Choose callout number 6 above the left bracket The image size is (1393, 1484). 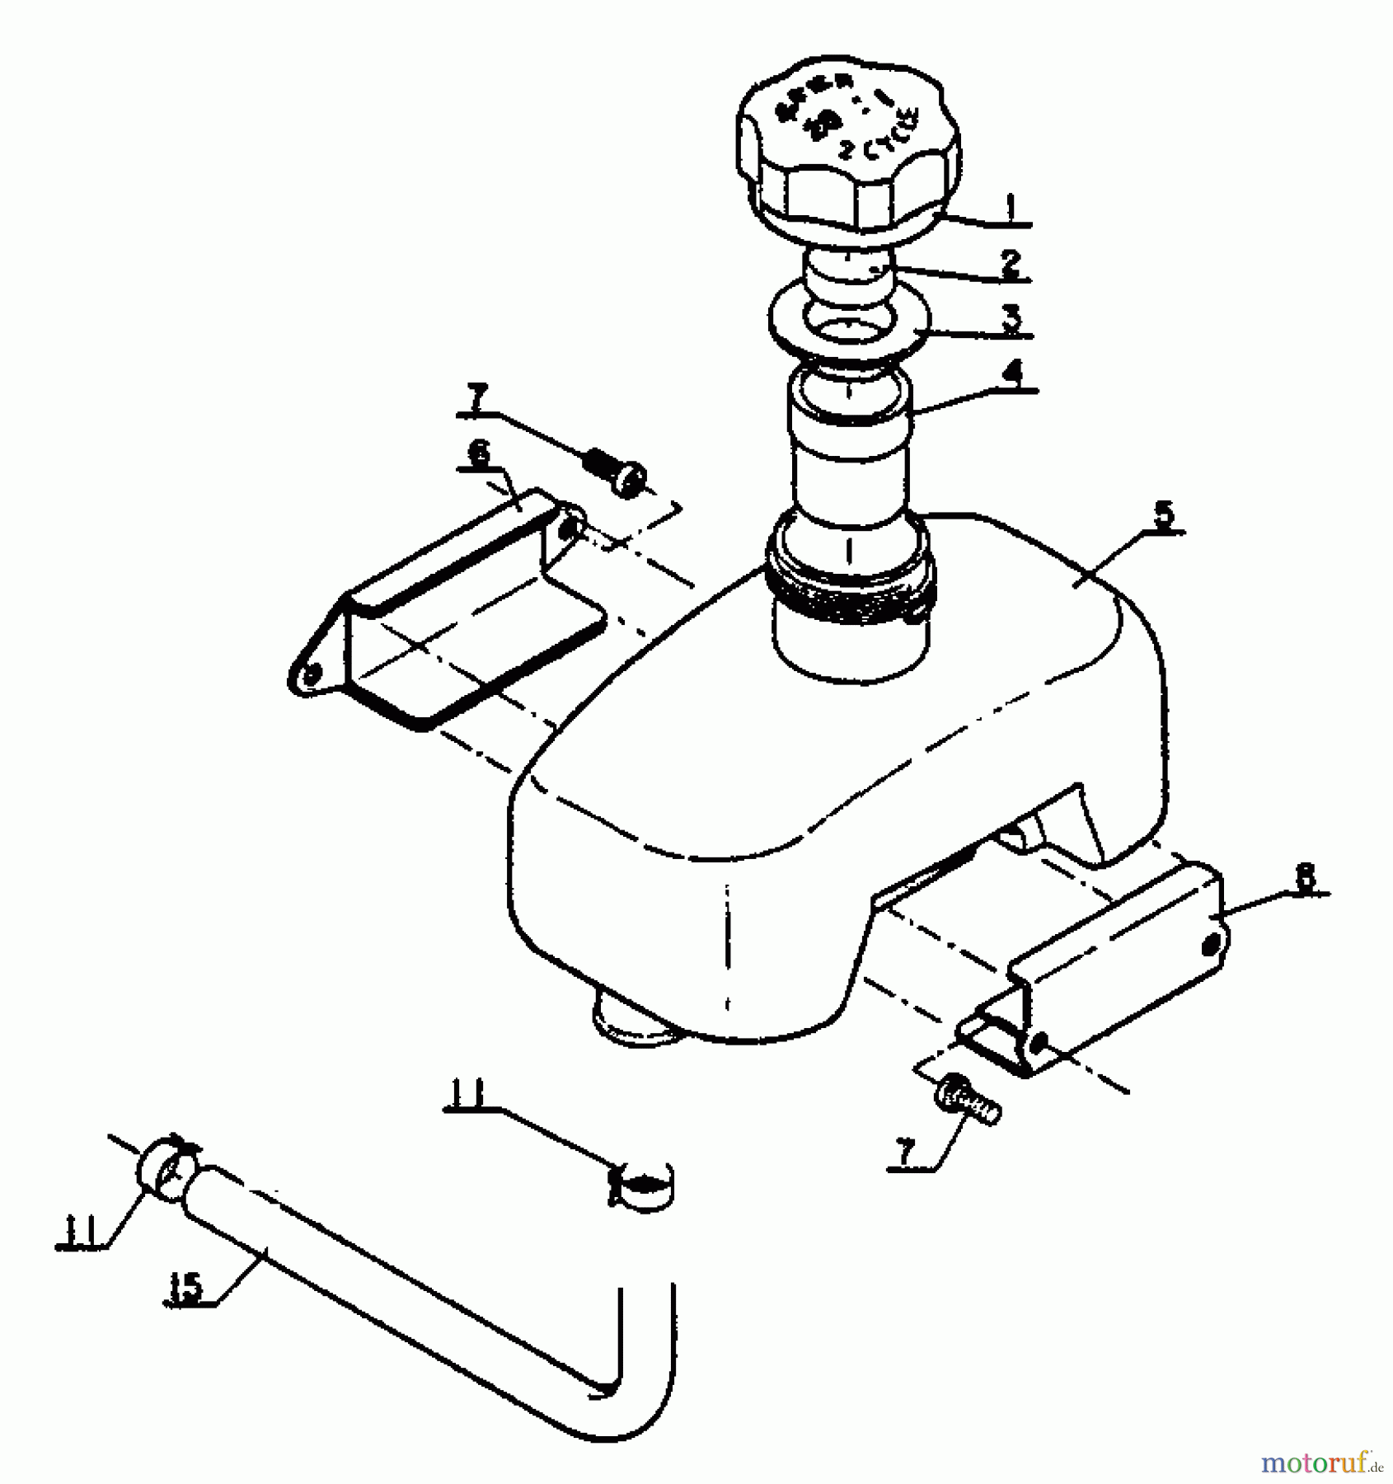click(479, 454)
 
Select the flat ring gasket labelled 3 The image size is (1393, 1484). click(849, 322)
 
